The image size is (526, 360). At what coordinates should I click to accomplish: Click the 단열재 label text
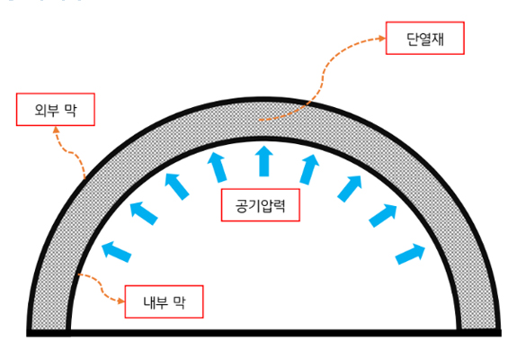tap(425, 39)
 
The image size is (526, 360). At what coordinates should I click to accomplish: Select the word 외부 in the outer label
tap(47, 110)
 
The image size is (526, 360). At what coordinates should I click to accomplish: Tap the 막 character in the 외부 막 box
tap(71, 110)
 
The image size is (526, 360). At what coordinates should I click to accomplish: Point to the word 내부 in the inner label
tap(156, 302)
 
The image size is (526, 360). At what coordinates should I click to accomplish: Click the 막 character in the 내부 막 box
tap(180, 302)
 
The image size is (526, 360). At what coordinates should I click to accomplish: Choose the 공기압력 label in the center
tap(261, 205)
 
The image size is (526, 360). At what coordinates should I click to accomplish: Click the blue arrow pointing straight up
tap(264, 161)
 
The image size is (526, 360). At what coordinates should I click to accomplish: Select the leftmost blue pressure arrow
tap(116, 252)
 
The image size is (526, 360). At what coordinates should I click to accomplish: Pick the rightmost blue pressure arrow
tap(410, 254)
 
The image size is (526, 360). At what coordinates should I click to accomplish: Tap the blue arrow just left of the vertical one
tap(217, 166)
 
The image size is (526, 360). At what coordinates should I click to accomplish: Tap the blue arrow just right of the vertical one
tap(309, 169)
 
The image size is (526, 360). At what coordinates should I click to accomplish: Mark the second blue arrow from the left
tap(144, 213)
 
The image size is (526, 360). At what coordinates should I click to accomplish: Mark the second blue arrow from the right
tap(383, 216)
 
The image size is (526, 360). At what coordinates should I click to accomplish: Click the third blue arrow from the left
tap(177, 186)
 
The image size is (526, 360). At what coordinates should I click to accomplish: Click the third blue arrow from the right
tap(349, 189)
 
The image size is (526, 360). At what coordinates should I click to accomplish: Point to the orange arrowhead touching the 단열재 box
tap(382, 39)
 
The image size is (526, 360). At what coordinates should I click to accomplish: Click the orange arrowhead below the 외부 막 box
tap(56, 130)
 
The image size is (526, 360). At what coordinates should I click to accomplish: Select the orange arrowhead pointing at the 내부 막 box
tap(121, 301)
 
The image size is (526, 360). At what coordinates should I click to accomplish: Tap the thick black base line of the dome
tap(264, 333)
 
